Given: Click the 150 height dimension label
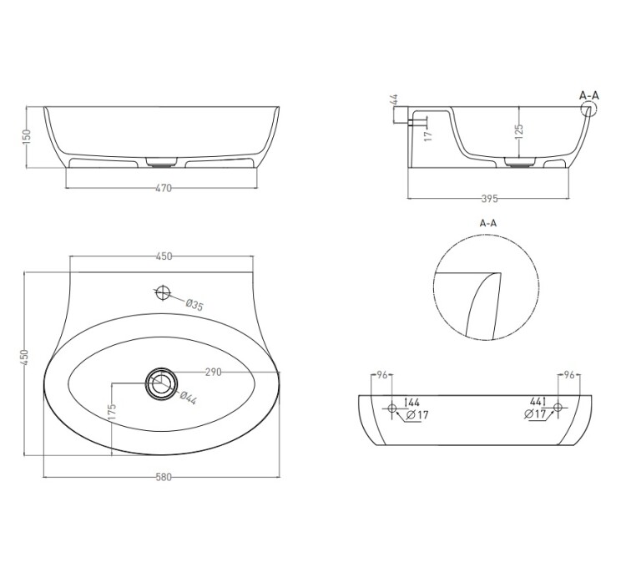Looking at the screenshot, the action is [x=27, y=136].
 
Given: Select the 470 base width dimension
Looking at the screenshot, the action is [x=164, y=188].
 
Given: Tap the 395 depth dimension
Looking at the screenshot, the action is [x=489, y=199].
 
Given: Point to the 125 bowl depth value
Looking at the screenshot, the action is [x=519, y=132].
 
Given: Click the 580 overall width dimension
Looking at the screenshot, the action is [x=164, y=477].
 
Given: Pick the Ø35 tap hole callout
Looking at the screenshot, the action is [x=194, y=305].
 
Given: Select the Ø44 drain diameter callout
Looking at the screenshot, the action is [x=188, y=398].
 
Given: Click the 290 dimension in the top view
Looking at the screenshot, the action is [x=213, y=373].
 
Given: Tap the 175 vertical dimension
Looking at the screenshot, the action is [x=112, y=413].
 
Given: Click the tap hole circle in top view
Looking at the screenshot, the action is [x=163, y=293].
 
